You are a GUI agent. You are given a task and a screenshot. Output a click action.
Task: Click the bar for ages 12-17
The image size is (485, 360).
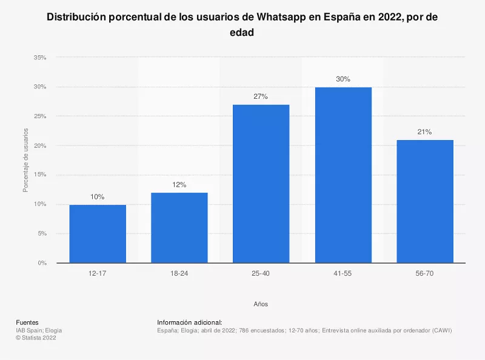click(98, 234)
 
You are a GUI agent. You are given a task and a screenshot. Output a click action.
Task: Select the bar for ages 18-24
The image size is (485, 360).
click(179, 228)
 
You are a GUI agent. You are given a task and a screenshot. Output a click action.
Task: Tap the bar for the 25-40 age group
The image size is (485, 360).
click(261, 184)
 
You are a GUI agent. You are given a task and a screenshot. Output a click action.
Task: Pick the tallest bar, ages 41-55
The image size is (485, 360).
click(343, 175)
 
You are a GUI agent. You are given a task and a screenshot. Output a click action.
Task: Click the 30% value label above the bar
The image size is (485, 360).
click(343, 79)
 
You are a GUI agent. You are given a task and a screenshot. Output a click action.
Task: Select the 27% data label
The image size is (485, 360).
click(261, 96)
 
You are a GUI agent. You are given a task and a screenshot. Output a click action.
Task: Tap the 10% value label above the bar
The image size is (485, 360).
click(98, 196)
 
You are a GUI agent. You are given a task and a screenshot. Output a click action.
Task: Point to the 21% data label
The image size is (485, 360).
click(424, 132)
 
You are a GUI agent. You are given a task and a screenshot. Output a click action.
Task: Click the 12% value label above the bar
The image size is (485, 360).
click(179, 184)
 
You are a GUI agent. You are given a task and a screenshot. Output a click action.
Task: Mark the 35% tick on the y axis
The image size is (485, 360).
click(40, 58)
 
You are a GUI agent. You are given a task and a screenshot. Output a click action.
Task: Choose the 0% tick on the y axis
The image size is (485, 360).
click(42, 263)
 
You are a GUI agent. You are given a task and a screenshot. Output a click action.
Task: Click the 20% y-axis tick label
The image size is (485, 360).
click(40, 145)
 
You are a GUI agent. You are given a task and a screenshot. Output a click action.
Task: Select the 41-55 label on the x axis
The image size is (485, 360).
click(343, 275)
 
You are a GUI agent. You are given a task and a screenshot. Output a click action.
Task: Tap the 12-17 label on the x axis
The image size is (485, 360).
click(98, 275)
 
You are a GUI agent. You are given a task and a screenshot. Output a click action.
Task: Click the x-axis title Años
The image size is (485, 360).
click(261, 304)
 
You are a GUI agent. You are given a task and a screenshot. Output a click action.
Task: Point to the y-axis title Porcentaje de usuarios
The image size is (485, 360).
click(25, 160)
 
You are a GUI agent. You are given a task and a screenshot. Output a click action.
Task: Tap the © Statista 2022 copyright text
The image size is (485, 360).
click(36, 338)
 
